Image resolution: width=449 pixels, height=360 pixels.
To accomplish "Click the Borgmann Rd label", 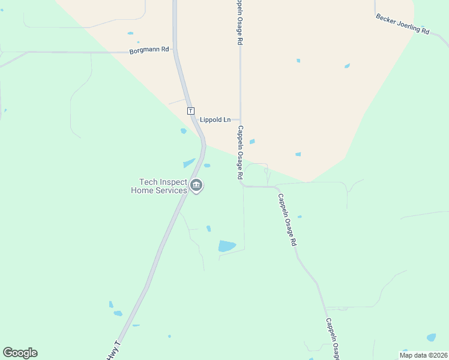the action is coord(149,50).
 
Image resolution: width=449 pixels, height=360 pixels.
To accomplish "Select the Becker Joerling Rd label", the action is coord(403,24).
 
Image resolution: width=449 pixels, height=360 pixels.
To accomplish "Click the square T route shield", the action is coord(191,111).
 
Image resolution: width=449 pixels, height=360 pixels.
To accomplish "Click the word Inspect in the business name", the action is coord(173,182).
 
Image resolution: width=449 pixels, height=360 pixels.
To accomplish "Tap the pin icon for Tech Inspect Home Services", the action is coord(196,186).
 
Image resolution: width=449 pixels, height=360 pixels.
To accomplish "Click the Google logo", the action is coord(20,353).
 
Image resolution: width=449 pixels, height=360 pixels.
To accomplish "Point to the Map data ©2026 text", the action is coord(423,355).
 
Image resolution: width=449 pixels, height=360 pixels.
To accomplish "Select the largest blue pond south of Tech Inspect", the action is coord(226,246).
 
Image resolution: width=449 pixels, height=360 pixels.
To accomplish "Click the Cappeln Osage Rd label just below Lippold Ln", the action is coord(240,152).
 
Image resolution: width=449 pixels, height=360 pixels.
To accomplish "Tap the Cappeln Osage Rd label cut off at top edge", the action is coord(239,23).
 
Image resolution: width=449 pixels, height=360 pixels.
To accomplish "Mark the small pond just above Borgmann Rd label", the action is coord(130,34).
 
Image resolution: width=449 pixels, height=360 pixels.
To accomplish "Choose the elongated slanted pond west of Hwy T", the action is coord(189,163).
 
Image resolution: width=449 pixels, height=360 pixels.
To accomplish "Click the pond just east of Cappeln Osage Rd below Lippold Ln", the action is coord(252,142).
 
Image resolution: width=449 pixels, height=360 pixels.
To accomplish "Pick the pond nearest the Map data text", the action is coord(431,337).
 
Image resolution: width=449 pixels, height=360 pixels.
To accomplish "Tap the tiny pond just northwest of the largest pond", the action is coord(208,228).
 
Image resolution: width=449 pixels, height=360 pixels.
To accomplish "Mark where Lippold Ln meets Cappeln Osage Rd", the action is coord(240,119).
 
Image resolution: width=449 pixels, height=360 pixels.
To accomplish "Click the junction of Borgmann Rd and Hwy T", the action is coord(174,52).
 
